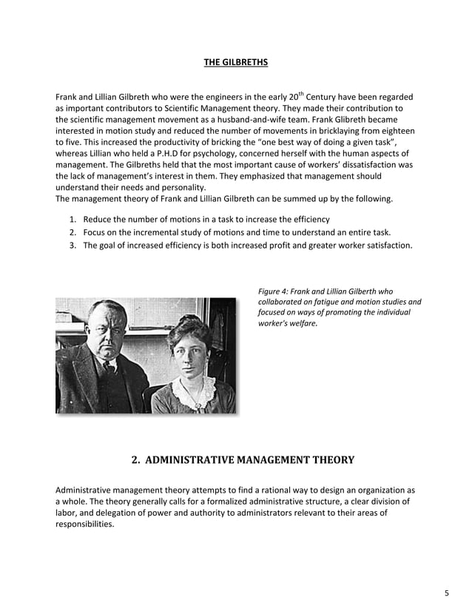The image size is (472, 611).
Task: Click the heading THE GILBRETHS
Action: [235, 62]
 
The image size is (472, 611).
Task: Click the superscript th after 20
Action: [301, 94]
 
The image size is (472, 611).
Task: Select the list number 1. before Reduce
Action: [73, 220]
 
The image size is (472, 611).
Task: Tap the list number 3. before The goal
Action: [73, 245]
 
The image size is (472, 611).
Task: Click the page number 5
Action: [446, 593]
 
